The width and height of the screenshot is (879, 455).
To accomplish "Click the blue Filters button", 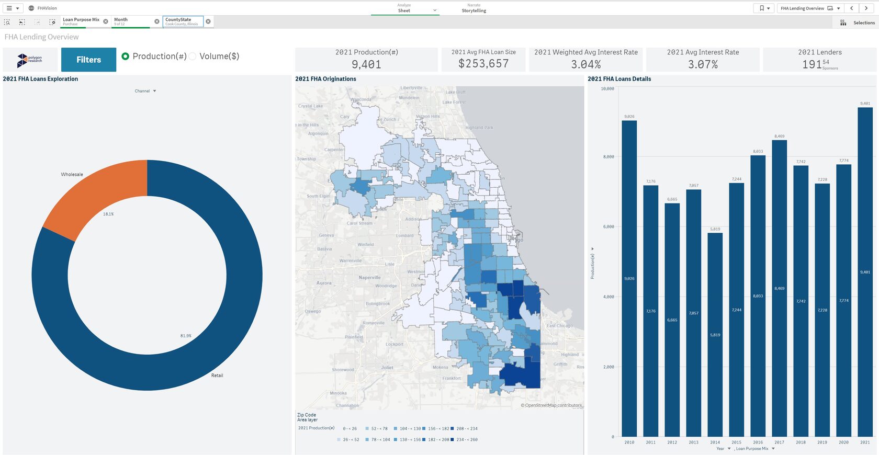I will point(88,60).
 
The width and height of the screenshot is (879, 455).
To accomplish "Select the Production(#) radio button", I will point(126,56).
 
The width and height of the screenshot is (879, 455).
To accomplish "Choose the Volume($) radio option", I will point(193,56).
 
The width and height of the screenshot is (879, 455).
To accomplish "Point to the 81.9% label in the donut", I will point(186,336).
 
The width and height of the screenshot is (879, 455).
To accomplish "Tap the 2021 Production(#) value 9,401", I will point(366,64).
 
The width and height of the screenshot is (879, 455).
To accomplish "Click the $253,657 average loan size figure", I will point(483,64).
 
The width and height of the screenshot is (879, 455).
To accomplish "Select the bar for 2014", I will point(715,335).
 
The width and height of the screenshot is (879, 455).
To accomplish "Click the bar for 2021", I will point(865,272).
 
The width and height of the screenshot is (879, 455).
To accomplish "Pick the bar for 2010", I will point(629,278).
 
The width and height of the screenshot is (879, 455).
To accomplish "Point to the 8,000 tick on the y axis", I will point(608,157).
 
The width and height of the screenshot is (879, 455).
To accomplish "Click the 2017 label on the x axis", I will point(779,442).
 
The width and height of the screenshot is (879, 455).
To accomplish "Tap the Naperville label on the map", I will point(369,278).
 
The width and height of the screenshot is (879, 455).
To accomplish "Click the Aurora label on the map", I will point(324,283).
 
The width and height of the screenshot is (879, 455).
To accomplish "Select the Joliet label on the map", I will point(387,368).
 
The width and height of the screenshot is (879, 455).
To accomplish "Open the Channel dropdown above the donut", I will point(145,91).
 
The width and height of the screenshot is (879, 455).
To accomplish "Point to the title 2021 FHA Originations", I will point(325,79).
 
